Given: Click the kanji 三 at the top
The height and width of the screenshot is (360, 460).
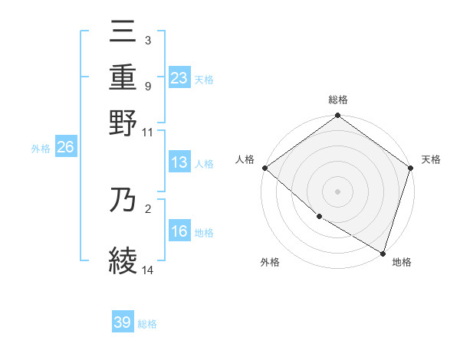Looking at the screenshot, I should (123, 33).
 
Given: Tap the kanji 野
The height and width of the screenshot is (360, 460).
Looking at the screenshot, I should (123, 123).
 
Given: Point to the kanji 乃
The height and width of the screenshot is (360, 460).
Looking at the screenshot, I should (123, 201).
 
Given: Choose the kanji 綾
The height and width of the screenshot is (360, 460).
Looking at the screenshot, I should (123, 260).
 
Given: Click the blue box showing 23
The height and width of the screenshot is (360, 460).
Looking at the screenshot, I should (179, 78).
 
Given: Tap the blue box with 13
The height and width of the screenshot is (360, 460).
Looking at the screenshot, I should (179, 163).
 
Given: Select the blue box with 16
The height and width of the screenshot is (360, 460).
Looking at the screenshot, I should (179, 232).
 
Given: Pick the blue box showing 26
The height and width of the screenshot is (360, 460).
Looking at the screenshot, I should (65, 149).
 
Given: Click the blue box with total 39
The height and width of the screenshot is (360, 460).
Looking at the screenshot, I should (123, 322).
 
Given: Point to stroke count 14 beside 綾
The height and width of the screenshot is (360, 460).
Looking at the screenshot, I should (148, 270).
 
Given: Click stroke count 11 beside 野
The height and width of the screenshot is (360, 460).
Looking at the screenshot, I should (148, 132).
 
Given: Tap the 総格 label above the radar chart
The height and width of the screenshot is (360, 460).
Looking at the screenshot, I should (338, 100).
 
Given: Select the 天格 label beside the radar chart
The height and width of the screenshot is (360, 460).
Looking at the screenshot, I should (431, 159).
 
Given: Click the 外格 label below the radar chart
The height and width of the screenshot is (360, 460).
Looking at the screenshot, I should (270, 263).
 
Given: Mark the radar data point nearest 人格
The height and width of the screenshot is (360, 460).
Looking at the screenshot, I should (264, 168).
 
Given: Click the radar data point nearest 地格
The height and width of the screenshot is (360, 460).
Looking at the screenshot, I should (383, 252).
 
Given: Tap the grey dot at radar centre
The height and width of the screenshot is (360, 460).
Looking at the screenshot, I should (337, 191).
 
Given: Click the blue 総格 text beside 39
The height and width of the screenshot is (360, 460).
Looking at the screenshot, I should (147, 324).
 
